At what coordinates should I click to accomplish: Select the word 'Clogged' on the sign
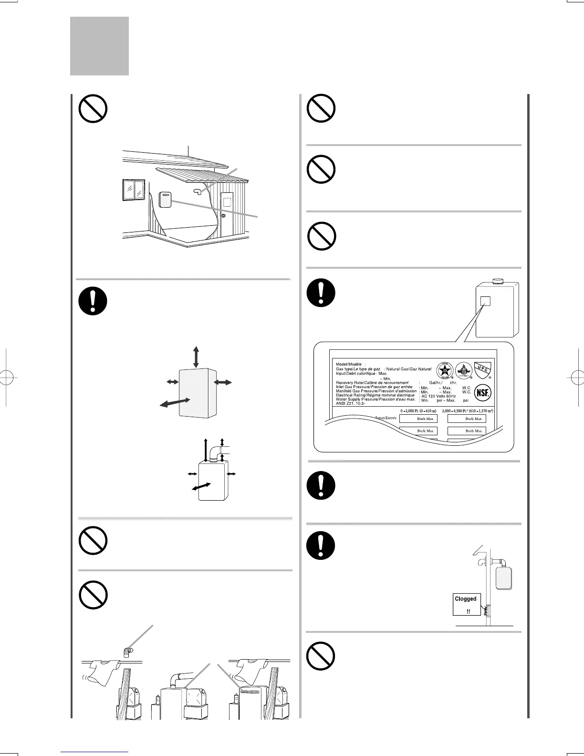tap(466, 598)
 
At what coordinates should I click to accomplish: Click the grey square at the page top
tap(99, 46)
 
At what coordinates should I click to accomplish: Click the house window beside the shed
tap(134, 189)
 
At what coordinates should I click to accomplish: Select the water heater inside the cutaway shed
tap(165, 199)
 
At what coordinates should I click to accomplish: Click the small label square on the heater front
tap(485, 301)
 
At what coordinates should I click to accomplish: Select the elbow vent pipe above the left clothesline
tap(127, 651)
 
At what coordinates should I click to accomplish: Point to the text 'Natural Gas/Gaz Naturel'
tap(409, 369)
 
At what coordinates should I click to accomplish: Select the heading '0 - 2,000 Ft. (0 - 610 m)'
tap(418, 410)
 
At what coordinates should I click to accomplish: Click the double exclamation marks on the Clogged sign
tap(468, 611)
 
